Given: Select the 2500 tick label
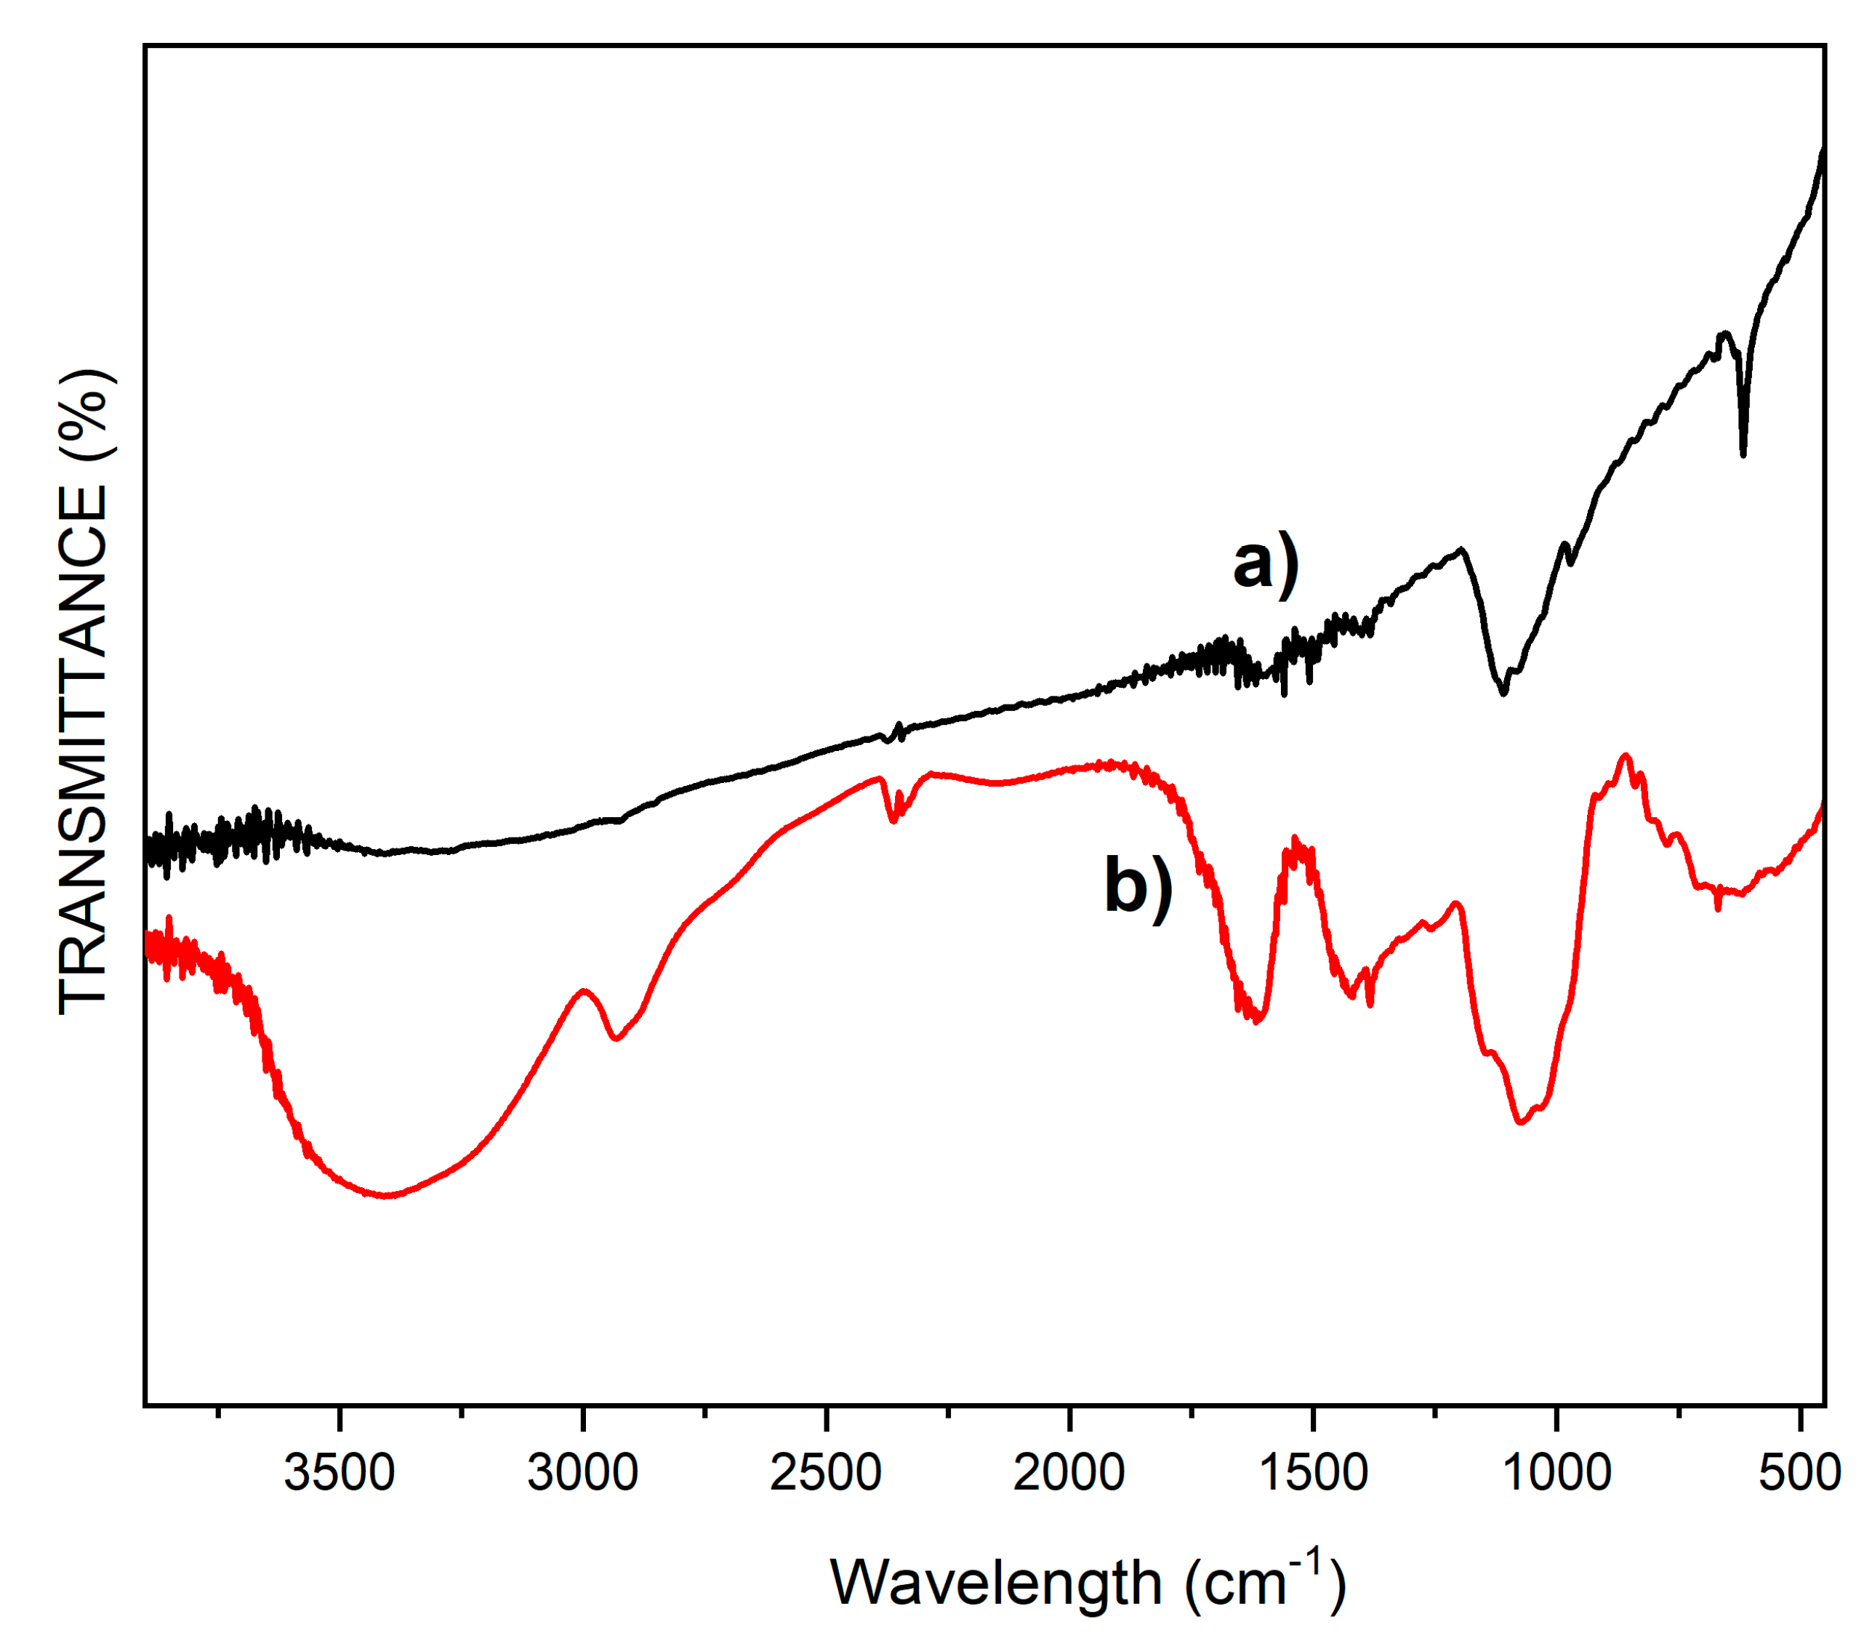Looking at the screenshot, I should (x=825, y=1473).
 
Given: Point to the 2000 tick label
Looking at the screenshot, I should (x=1069, y=1473).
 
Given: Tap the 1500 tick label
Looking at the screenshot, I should (x=1312, y=1473).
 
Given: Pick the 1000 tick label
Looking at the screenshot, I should (x=1556, y=1473).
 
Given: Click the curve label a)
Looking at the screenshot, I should (x=1265, y=565).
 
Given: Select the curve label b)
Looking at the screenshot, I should (x=1138, y=886).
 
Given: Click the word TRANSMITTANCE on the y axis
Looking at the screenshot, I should (x=84, y=749).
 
